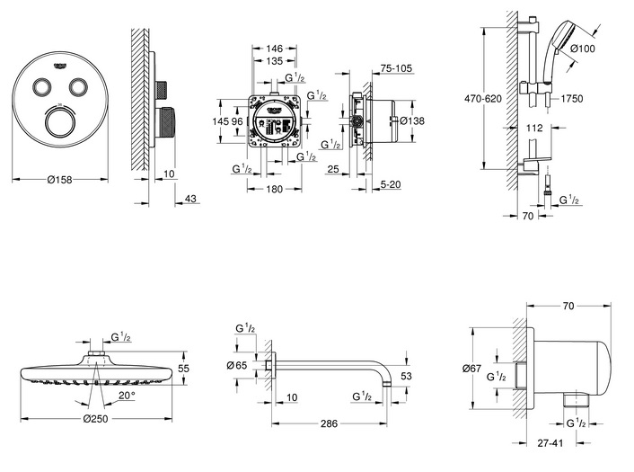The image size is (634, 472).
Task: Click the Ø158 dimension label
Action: tap(59, 180)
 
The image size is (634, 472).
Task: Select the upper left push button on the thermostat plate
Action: tap(41, 86)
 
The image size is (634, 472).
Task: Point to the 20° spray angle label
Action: tap(128, 396)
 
